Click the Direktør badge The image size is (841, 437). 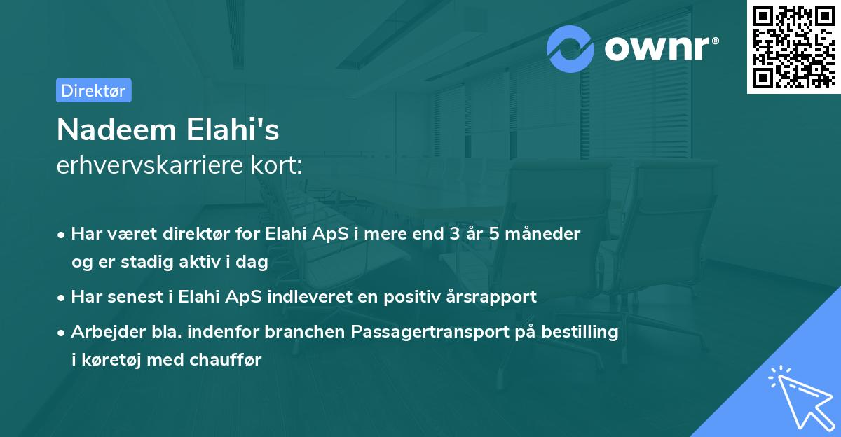[93, 90]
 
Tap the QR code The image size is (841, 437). [793, 47]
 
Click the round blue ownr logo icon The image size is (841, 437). [570, 49]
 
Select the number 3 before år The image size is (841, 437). [455, 233]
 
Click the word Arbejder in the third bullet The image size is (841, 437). [106, 332]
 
